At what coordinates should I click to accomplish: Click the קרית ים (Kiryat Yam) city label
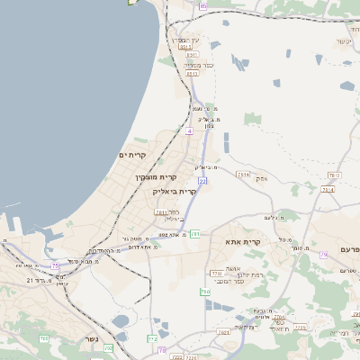coord(132,155)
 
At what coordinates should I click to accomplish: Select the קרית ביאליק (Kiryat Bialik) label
coord(175,192)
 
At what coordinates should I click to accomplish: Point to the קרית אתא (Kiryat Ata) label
coord(243,242)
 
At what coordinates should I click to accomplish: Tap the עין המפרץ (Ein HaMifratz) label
coord(183,40)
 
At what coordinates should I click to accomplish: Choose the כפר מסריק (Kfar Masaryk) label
coord(198,65)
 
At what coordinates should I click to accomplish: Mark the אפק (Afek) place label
coord(287,178)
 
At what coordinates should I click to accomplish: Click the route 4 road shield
coord(189,131)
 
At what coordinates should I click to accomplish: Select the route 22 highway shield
coord(202,182)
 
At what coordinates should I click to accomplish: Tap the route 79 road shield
coord(323,255)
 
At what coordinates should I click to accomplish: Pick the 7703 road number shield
coord(216,273)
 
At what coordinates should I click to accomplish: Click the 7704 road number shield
coord(279,318)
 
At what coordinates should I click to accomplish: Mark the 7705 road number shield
coord(299,328)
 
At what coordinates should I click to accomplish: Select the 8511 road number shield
coord(192,74)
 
